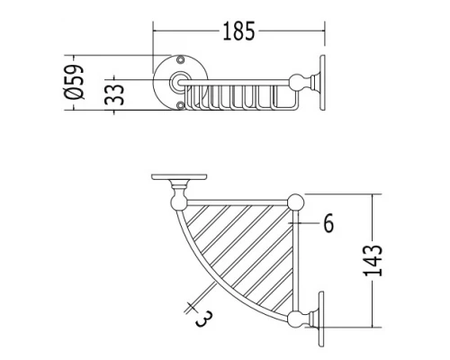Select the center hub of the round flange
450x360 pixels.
coord(179,82)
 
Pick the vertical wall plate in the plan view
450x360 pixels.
coord(322,317)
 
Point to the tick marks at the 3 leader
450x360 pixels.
coord(191,306)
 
